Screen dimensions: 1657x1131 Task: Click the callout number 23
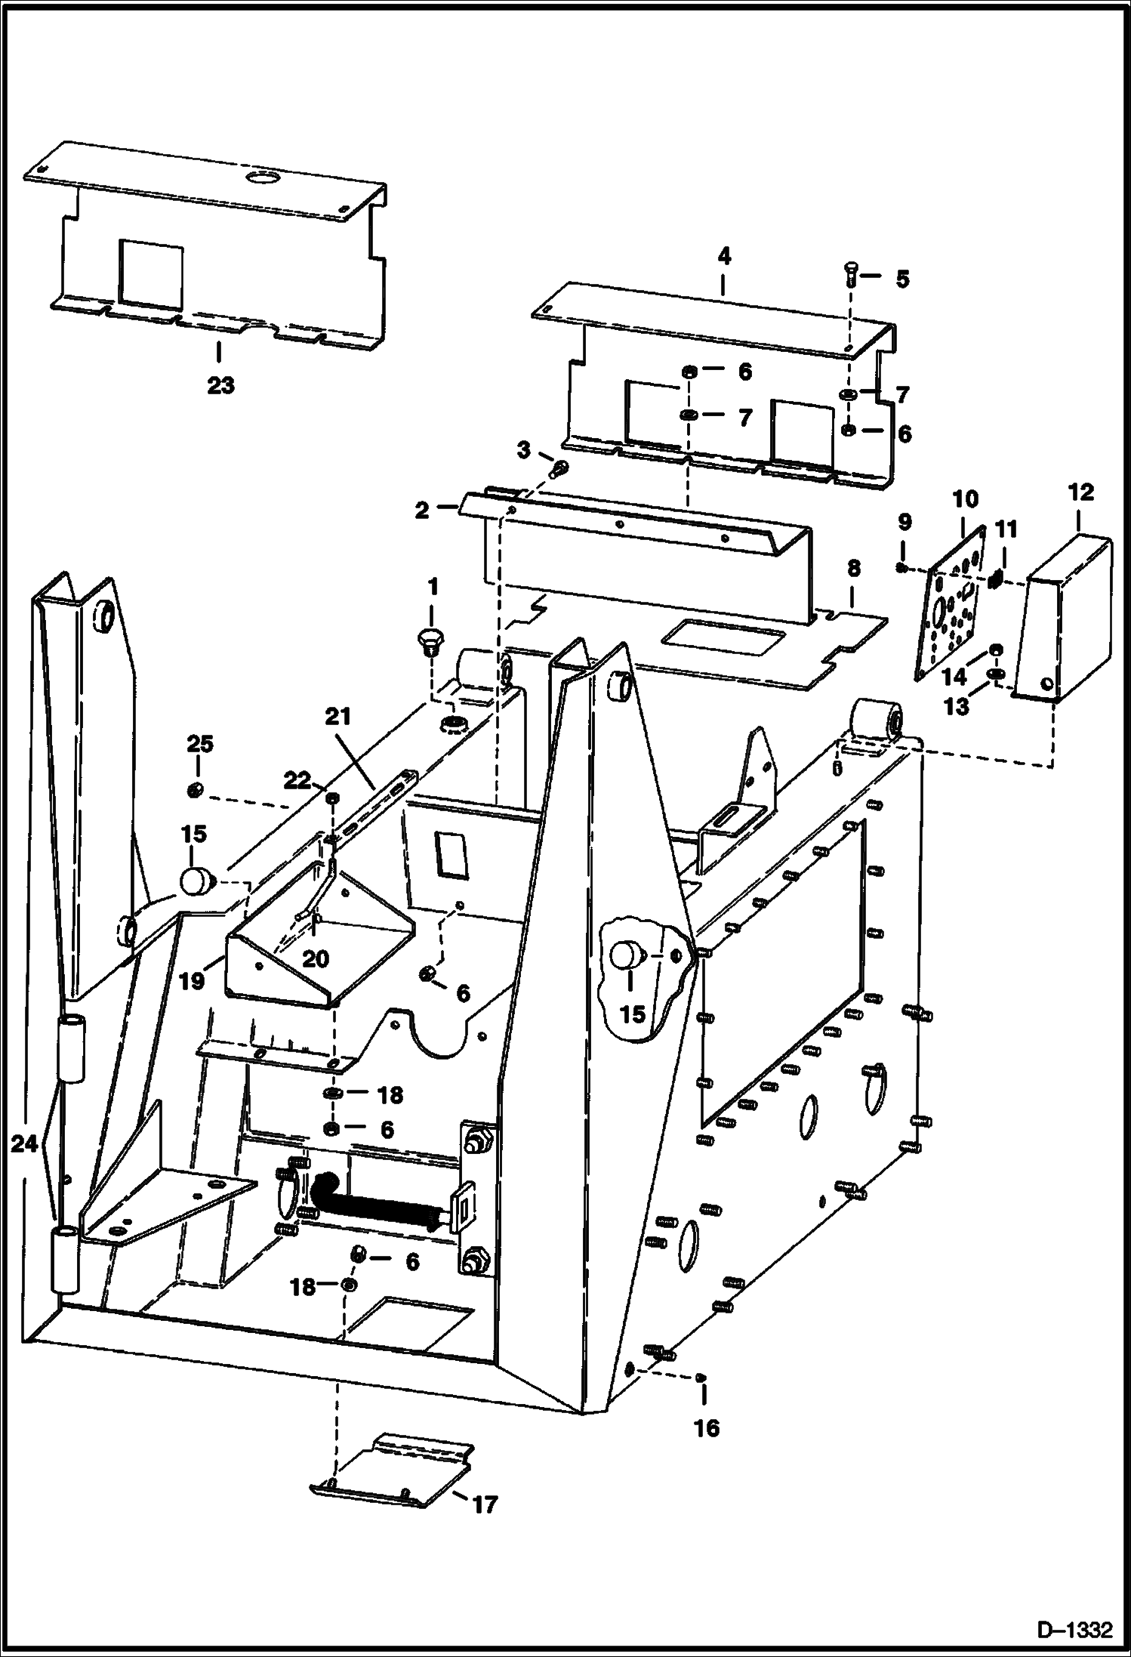tap(221, 386)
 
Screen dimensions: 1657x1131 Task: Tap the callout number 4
tap(723, 256)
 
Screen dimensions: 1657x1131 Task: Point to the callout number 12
tap(1081, 492)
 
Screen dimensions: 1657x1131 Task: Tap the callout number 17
tap(485, 1520)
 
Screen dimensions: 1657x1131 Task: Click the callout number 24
tap(24, 1144)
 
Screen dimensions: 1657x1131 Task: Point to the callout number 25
tap(199, 744)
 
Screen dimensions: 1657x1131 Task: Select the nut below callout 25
tap(194, 790)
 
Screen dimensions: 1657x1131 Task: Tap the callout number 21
tap(338, 716)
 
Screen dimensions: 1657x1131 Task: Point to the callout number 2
tap(421, 511)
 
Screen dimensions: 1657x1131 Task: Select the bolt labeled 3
tap(559, 470)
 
